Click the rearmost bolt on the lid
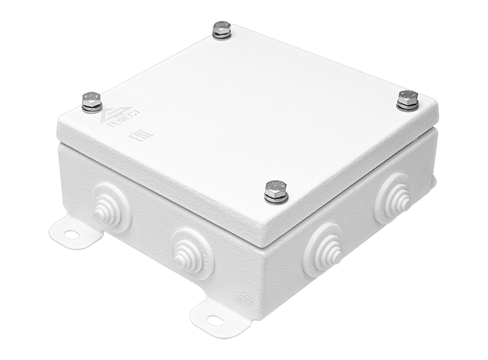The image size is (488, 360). tap(221, 31)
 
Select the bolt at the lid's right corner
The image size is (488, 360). tap(407, 99)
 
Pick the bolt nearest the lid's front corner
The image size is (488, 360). tap(276, 190)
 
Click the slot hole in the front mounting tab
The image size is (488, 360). tap(213, 318)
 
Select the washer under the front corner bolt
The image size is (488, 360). tap(276, 198)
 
